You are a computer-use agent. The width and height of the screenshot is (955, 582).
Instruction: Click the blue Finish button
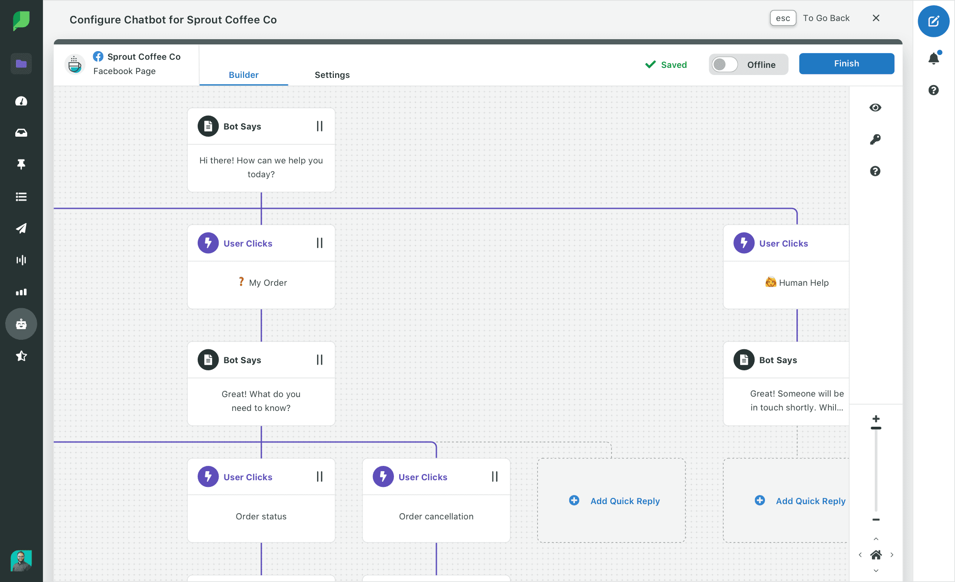[x=846, y=64]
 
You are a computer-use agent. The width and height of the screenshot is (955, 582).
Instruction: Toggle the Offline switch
[x=725, y=65]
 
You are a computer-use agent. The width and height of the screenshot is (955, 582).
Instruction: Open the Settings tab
[x=332, y=75]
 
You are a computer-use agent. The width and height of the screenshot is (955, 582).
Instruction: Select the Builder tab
[x=244, y=75]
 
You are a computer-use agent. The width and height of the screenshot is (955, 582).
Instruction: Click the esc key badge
[x=783, y=18]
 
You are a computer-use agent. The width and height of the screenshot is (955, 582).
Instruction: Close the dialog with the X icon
[x=876, y=18]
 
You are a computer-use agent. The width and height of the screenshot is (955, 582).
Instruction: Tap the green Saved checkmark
[x=650, y=65]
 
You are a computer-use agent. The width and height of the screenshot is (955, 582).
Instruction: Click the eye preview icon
[x=875, y=108]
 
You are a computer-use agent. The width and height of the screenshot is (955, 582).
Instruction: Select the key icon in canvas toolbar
[x=875, y=139]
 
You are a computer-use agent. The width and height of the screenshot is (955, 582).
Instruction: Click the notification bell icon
[x=934, y=58]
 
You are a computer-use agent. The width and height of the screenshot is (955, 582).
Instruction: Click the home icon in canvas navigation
[x=876, y=555]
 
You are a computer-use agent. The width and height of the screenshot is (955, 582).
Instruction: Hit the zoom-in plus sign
[x=876, y=419]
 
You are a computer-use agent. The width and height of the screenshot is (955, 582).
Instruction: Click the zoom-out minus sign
[x=876, y=519]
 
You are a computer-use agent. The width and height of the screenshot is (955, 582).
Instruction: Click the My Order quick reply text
[x=268, y=282]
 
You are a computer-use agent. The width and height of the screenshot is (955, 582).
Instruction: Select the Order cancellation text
[x=436, y=516]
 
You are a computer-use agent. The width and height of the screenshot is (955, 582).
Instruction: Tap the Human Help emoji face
[x=770, y=282]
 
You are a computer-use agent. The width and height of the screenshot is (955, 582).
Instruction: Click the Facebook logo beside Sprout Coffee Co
[x=98, y=56]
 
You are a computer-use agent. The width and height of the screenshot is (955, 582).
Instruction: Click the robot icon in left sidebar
[x=21, y=324]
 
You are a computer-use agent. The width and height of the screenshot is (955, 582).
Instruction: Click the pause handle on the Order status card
[x=319, y=476]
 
